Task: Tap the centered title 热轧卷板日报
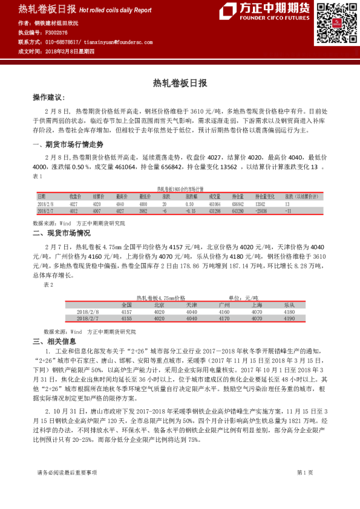pos(180,82)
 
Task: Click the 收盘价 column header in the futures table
pos(75,196)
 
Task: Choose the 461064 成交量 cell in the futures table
pos(215,204)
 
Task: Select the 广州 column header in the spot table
pos(224,305)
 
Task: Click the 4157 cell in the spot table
pos(126,311)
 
